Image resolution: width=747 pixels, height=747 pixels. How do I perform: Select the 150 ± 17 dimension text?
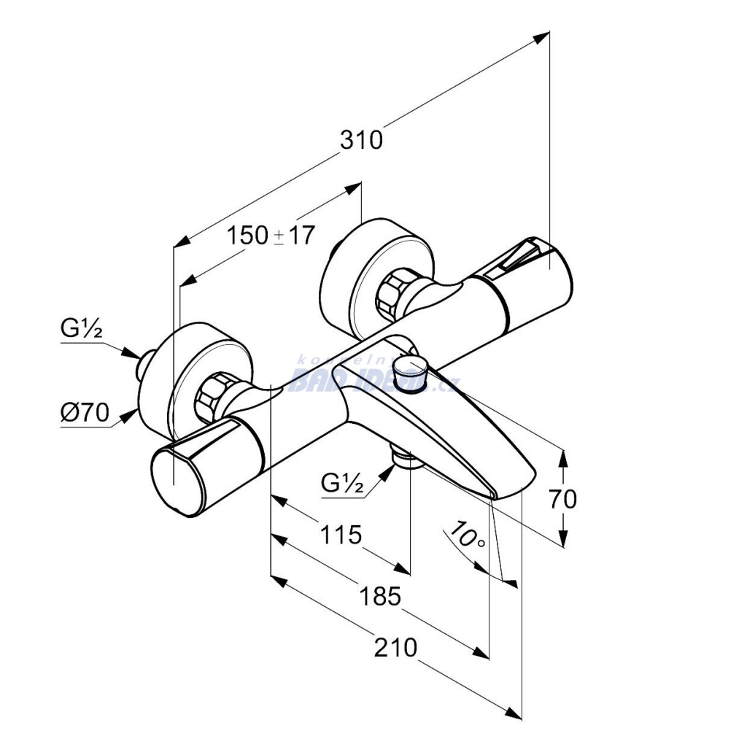270,236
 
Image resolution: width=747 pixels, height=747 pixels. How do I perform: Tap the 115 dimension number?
341,535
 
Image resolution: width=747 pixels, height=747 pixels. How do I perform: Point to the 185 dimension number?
380,597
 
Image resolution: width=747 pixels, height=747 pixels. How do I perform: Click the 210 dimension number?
395,647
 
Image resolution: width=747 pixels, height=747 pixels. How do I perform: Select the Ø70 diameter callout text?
84,414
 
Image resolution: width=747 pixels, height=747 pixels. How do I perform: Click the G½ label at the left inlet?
81,330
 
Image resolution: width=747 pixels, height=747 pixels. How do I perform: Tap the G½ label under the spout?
342,483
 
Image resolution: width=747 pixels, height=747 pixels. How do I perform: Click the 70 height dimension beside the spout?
562,499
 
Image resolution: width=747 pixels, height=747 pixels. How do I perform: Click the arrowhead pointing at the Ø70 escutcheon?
131,415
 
